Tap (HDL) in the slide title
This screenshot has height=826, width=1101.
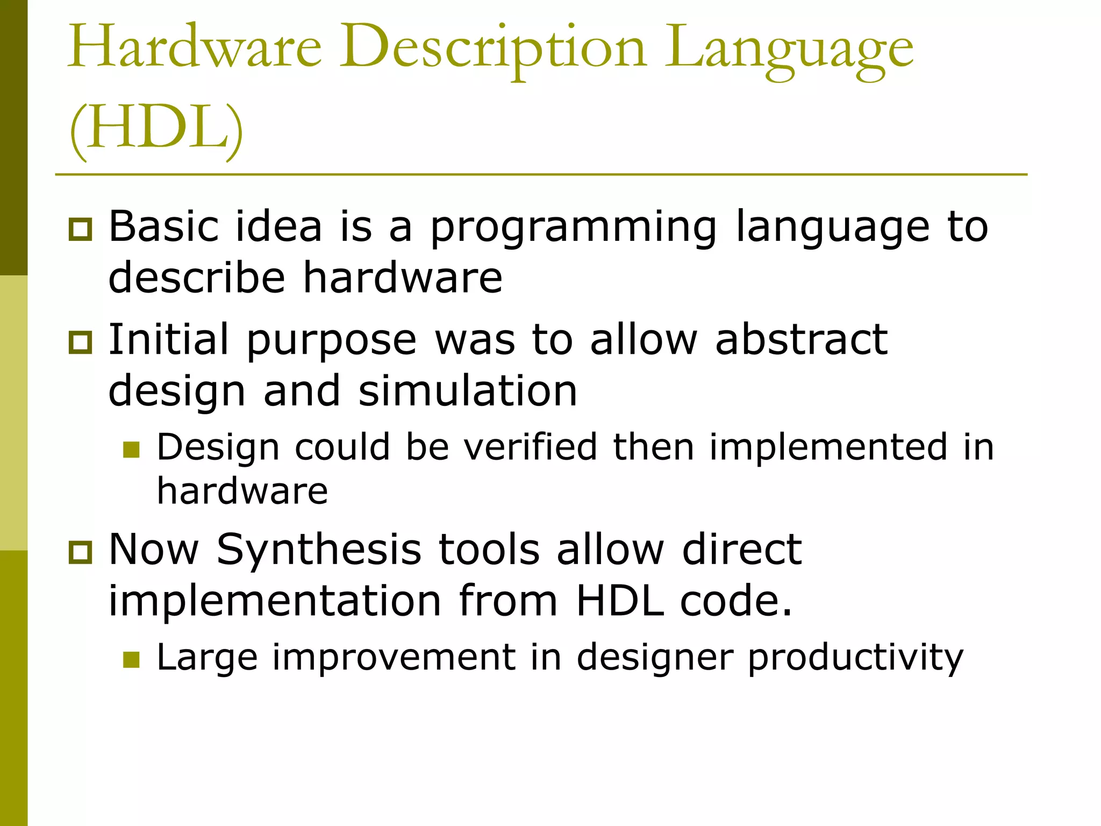pos(156,129)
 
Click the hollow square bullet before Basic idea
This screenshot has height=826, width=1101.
pos(81,230)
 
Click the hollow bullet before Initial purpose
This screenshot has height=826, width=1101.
pos(81,343)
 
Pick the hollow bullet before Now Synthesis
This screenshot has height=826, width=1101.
pos(81,552)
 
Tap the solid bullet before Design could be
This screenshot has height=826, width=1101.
pos(131,450)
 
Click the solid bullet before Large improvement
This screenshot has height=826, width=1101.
pos(131,659)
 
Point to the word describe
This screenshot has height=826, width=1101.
pos(196,278)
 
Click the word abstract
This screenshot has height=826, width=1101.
pos(801,340)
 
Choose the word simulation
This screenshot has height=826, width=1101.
pos(468,391)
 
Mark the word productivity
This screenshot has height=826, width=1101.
pos(855,658)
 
